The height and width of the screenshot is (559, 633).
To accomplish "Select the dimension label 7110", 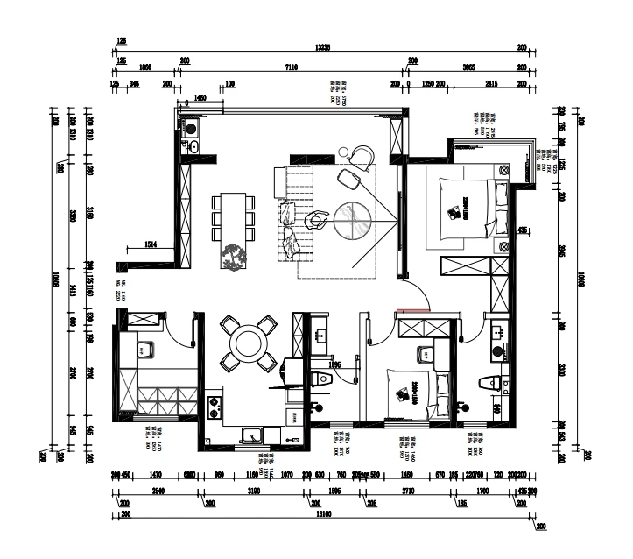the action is tap(292, 67).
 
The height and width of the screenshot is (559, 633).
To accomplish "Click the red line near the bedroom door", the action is tap(412, 308).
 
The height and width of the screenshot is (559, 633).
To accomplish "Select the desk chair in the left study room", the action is tap(146, 349).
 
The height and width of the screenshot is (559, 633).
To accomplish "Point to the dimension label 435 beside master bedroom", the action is tap(524, 230).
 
